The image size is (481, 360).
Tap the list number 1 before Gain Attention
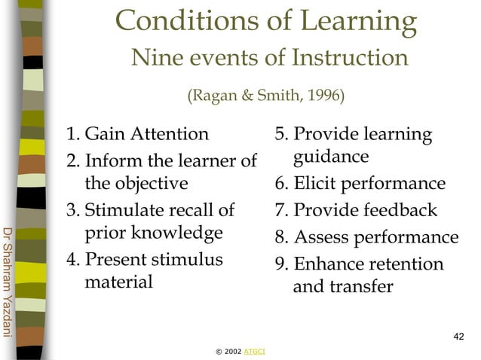71,136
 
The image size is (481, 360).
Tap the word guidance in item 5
331,157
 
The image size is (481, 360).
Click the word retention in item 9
402,264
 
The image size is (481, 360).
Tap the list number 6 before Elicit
280,184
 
